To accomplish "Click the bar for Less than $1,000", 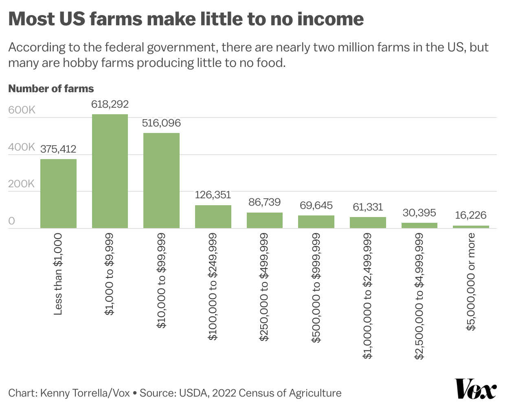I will (x=58, y=193).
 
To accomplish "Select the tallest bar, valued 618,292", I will (x=110, y=171).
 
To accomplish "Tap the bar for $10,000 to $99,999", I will (x=161, y=180).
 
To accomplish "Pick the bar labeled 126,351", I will (x=213, y=217).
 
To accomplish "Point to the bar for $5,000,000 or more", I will (x=471, y=227).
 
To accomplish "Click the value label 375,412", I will (x=58, y=149).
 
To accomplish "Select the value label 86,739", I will (x=265, y=202).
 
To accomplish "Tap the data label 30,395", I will (x=419, y=213).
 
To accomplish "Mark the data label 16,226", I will (x=471, y=215).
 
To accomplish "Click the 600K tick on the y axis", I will (x=22, y=110).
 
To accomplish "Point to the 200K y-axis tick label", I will (x=22, y=184).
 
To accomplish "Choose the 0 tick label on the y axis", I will (x=12, y=221).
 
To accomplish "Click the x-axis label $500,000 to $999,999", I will (x=316, y=288).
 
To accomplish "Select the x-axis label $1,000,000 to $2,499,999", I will (x=368, y=296).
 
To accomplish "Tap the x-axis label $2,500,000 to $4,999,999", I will (x=419, y=296).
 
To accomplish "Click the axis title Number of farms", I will (x=51, y=89).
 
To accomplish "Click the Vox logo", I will (x=475, y=389).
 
